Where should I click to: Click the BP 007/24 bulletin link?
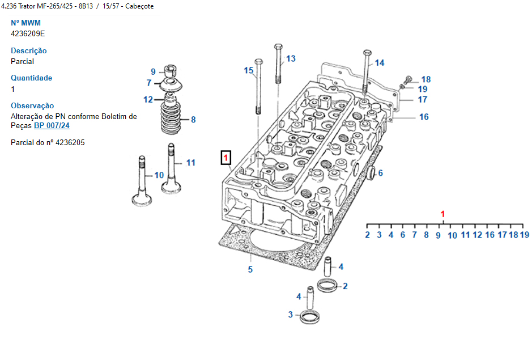click(52, 125)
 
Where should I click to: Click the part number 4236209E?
click(28, 33)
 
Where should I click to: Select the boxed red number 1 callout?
click(225, 157)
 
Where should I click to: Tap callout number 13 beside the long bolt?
click(291, 58)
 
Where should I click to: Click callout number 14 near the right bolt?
click(379, 62)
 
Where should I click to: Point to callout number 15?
click(249, 70)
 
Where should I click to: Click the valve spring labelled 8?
click(171, 117)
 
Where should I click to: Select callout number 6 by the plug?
click(380, 173)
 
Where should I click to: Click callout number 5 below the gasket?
click(250, 269)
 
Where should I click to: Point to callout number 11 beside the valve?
click(190, 163)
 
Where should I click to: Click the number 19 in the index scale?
click(524, 234)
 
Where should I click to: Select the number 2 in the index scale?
click(367, 234)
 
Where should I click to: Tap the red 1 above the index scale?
click(443, 214)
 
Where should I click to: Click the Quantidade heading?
click(31, 78)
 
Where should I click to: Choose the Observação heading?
click(32, 105)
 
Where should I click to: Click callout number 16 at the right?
click(424, 117)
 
